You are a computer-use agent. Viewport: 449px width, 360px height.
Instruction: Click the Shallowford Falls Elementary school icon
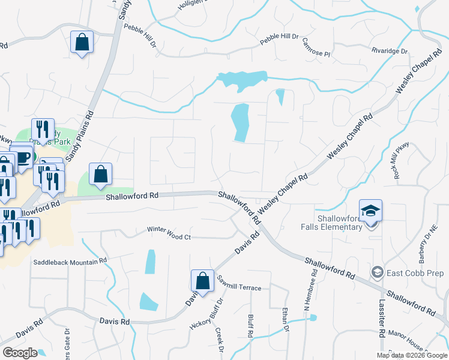370,211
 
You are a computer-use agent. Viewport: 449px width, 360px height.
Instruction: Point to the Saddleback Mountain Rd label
70,262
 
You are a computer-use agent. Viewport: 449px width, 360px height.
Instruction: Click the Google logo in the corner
20,352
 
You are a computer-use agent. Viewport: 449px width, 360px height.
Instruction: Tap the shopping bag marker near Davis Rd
202,281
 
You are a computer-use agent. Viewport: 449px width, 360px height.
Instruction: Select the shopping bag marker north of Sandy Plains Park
82,43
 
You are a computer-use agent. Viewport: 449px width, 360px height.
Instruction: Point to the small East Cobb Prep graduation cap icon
377,272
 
